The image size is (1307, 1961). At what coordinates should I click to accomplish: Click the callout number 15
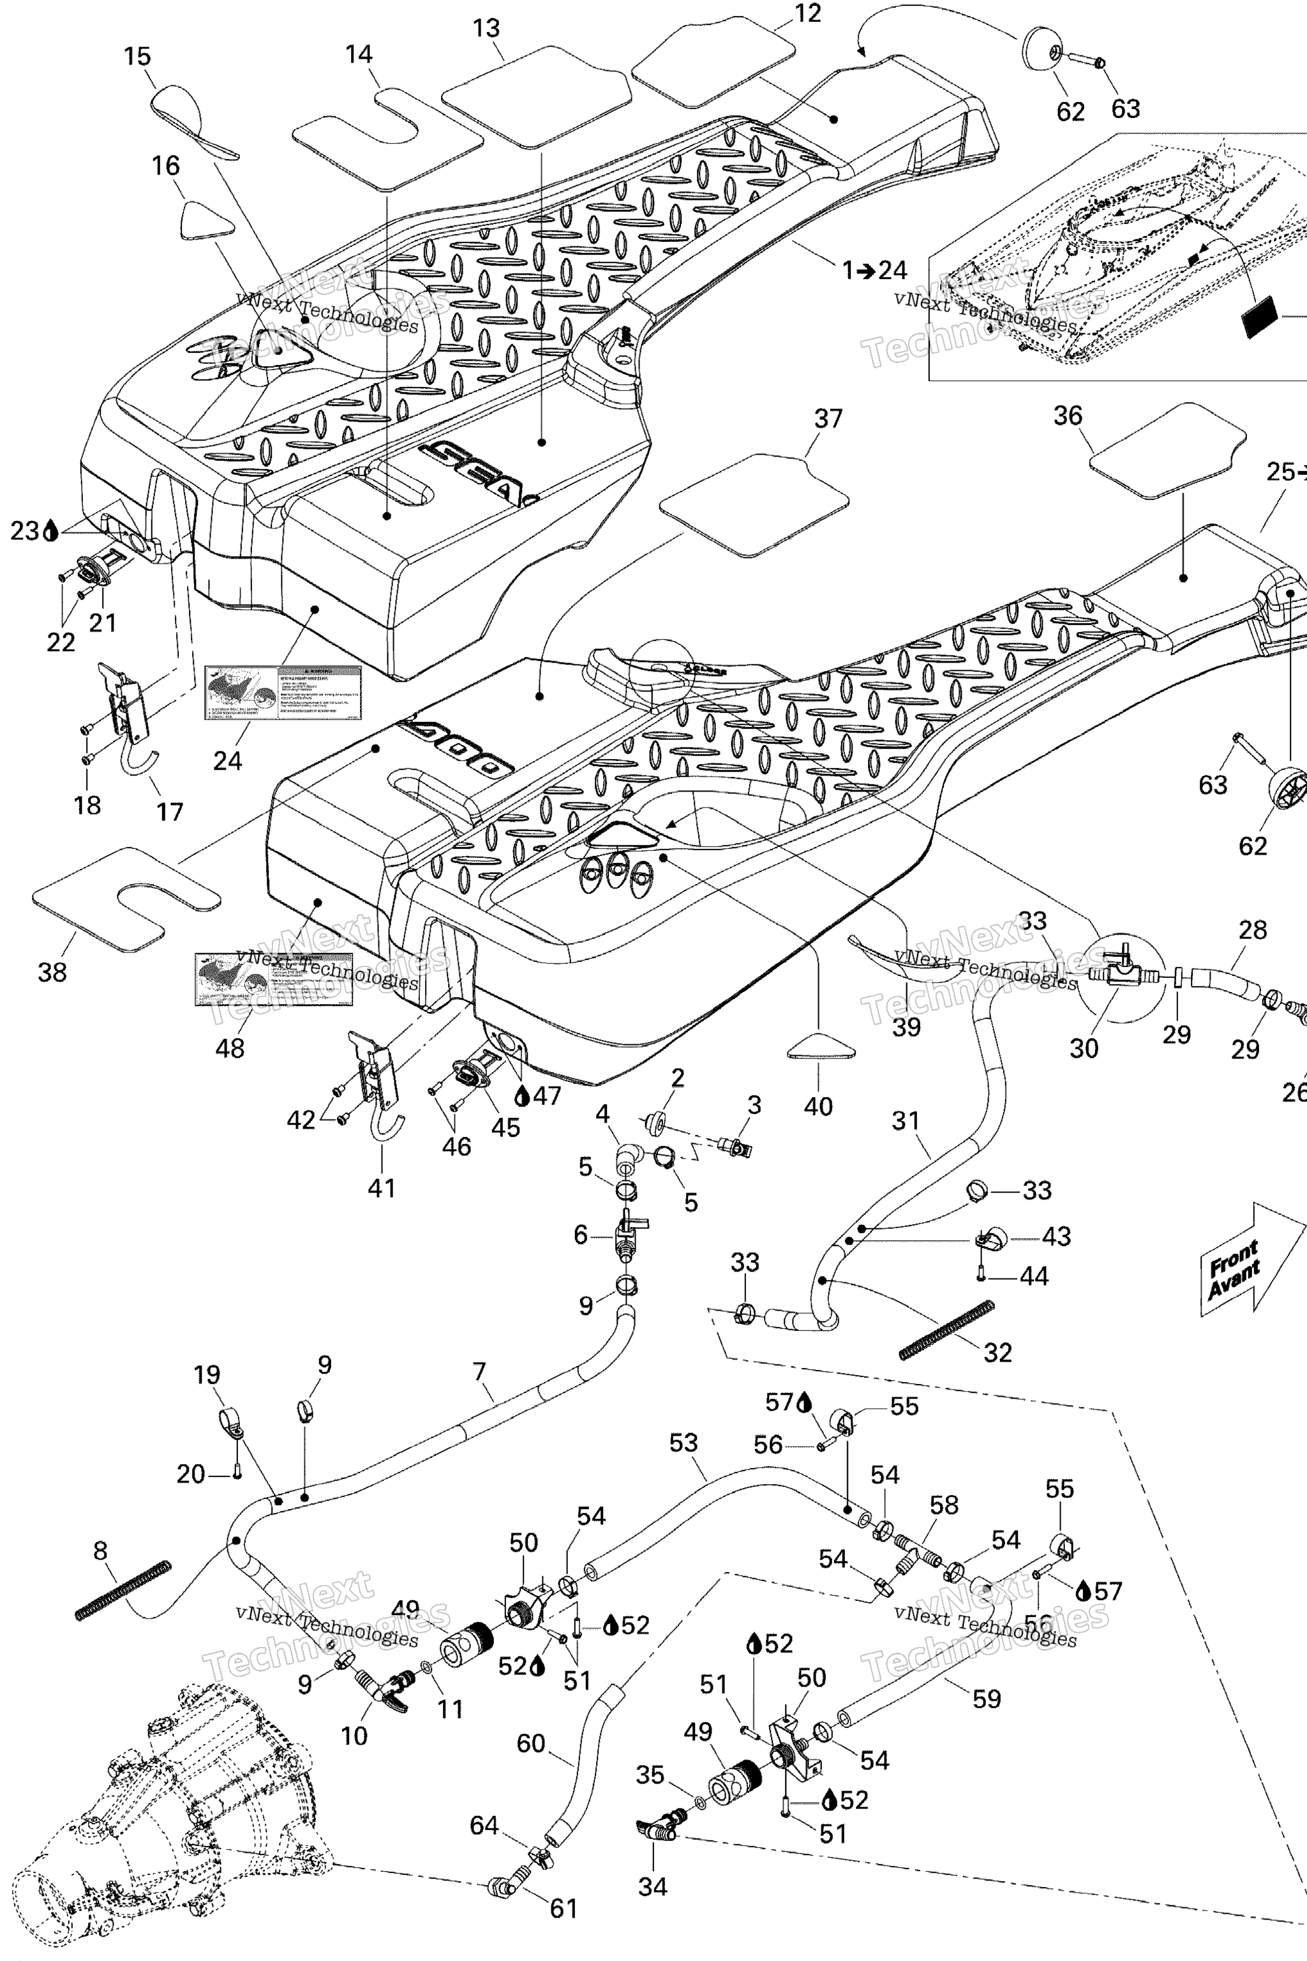point(138,57)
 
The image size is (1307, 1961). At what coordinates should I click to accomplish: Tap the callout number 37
point(828,419)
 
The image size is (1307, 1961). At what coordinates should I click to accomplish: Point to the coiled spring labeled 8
point(123,1590)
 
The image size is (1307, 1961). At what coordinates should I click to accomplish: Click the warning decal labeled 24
point(283,692)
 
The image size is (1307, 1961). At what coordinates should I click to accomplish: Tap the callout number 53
point(683,1443)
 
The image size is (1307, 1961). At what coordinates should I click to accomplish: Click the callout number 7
point(479,1372)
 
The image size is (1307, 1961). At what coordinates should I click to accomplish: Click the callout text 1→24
point(874,270)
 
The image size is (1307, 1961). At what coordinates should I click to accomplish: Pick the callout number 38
point(52,972)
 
